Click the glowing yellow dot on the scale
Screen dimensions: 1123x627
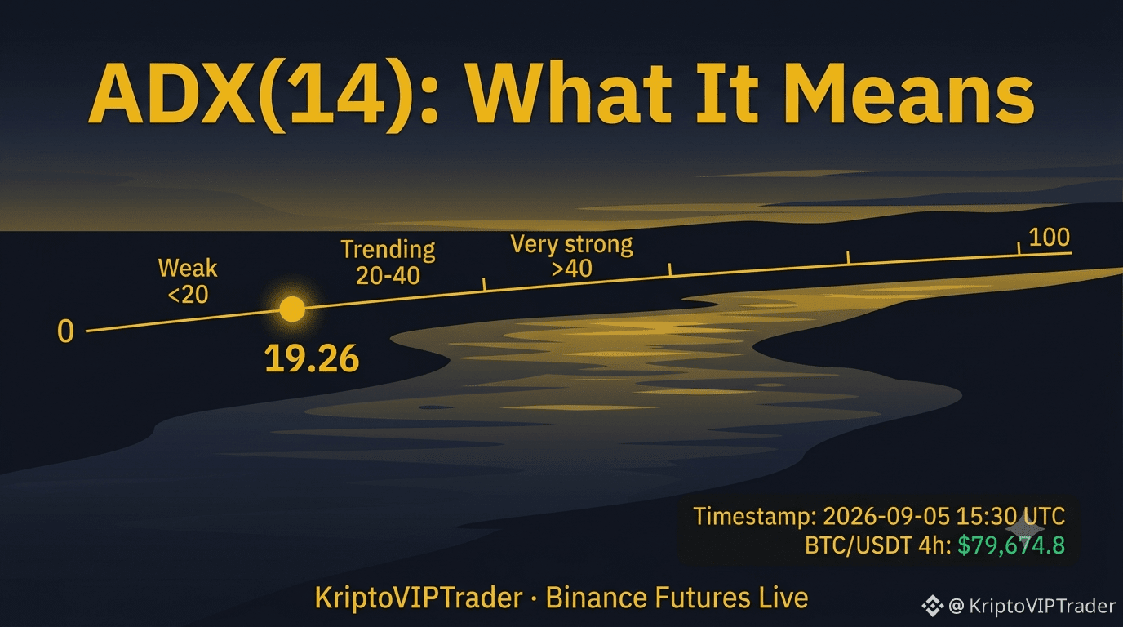click(x=292, y=309)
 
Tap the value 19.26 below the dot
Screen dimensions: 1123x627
click(x=312, y=358)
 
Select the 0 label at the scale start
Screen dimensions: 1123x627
click(x=65, y=331)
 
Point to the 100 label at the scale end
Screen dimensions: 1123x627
click(x=1049, y=238)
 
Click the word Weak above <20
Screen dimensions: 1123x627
click(x=188, y=269)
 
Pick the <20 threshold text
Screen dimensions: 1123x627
click(x=188, y=295)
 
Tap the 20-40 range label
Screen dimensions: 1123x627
click(x=388, y=276)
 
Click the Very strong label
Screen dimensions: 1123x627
click(x=571, y=245)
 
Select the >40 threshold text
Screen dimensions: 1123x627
click(x=571, y=269)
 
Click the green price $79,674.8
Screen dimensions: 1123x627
click(x=1011, y=545)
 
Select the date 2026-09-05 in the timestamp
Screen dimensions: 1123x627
click(x=886, y=516)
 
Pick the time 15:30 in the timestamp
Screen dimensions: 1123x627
click(x=987, y=516)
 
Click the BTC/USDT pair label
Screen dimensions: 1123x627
click(x=858, y=545)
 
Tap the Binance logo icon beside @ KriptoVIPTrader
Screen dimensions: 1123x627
click(x=933, y=606)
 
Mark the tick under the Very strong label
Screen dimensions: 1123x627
click(x=670, y=269)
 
